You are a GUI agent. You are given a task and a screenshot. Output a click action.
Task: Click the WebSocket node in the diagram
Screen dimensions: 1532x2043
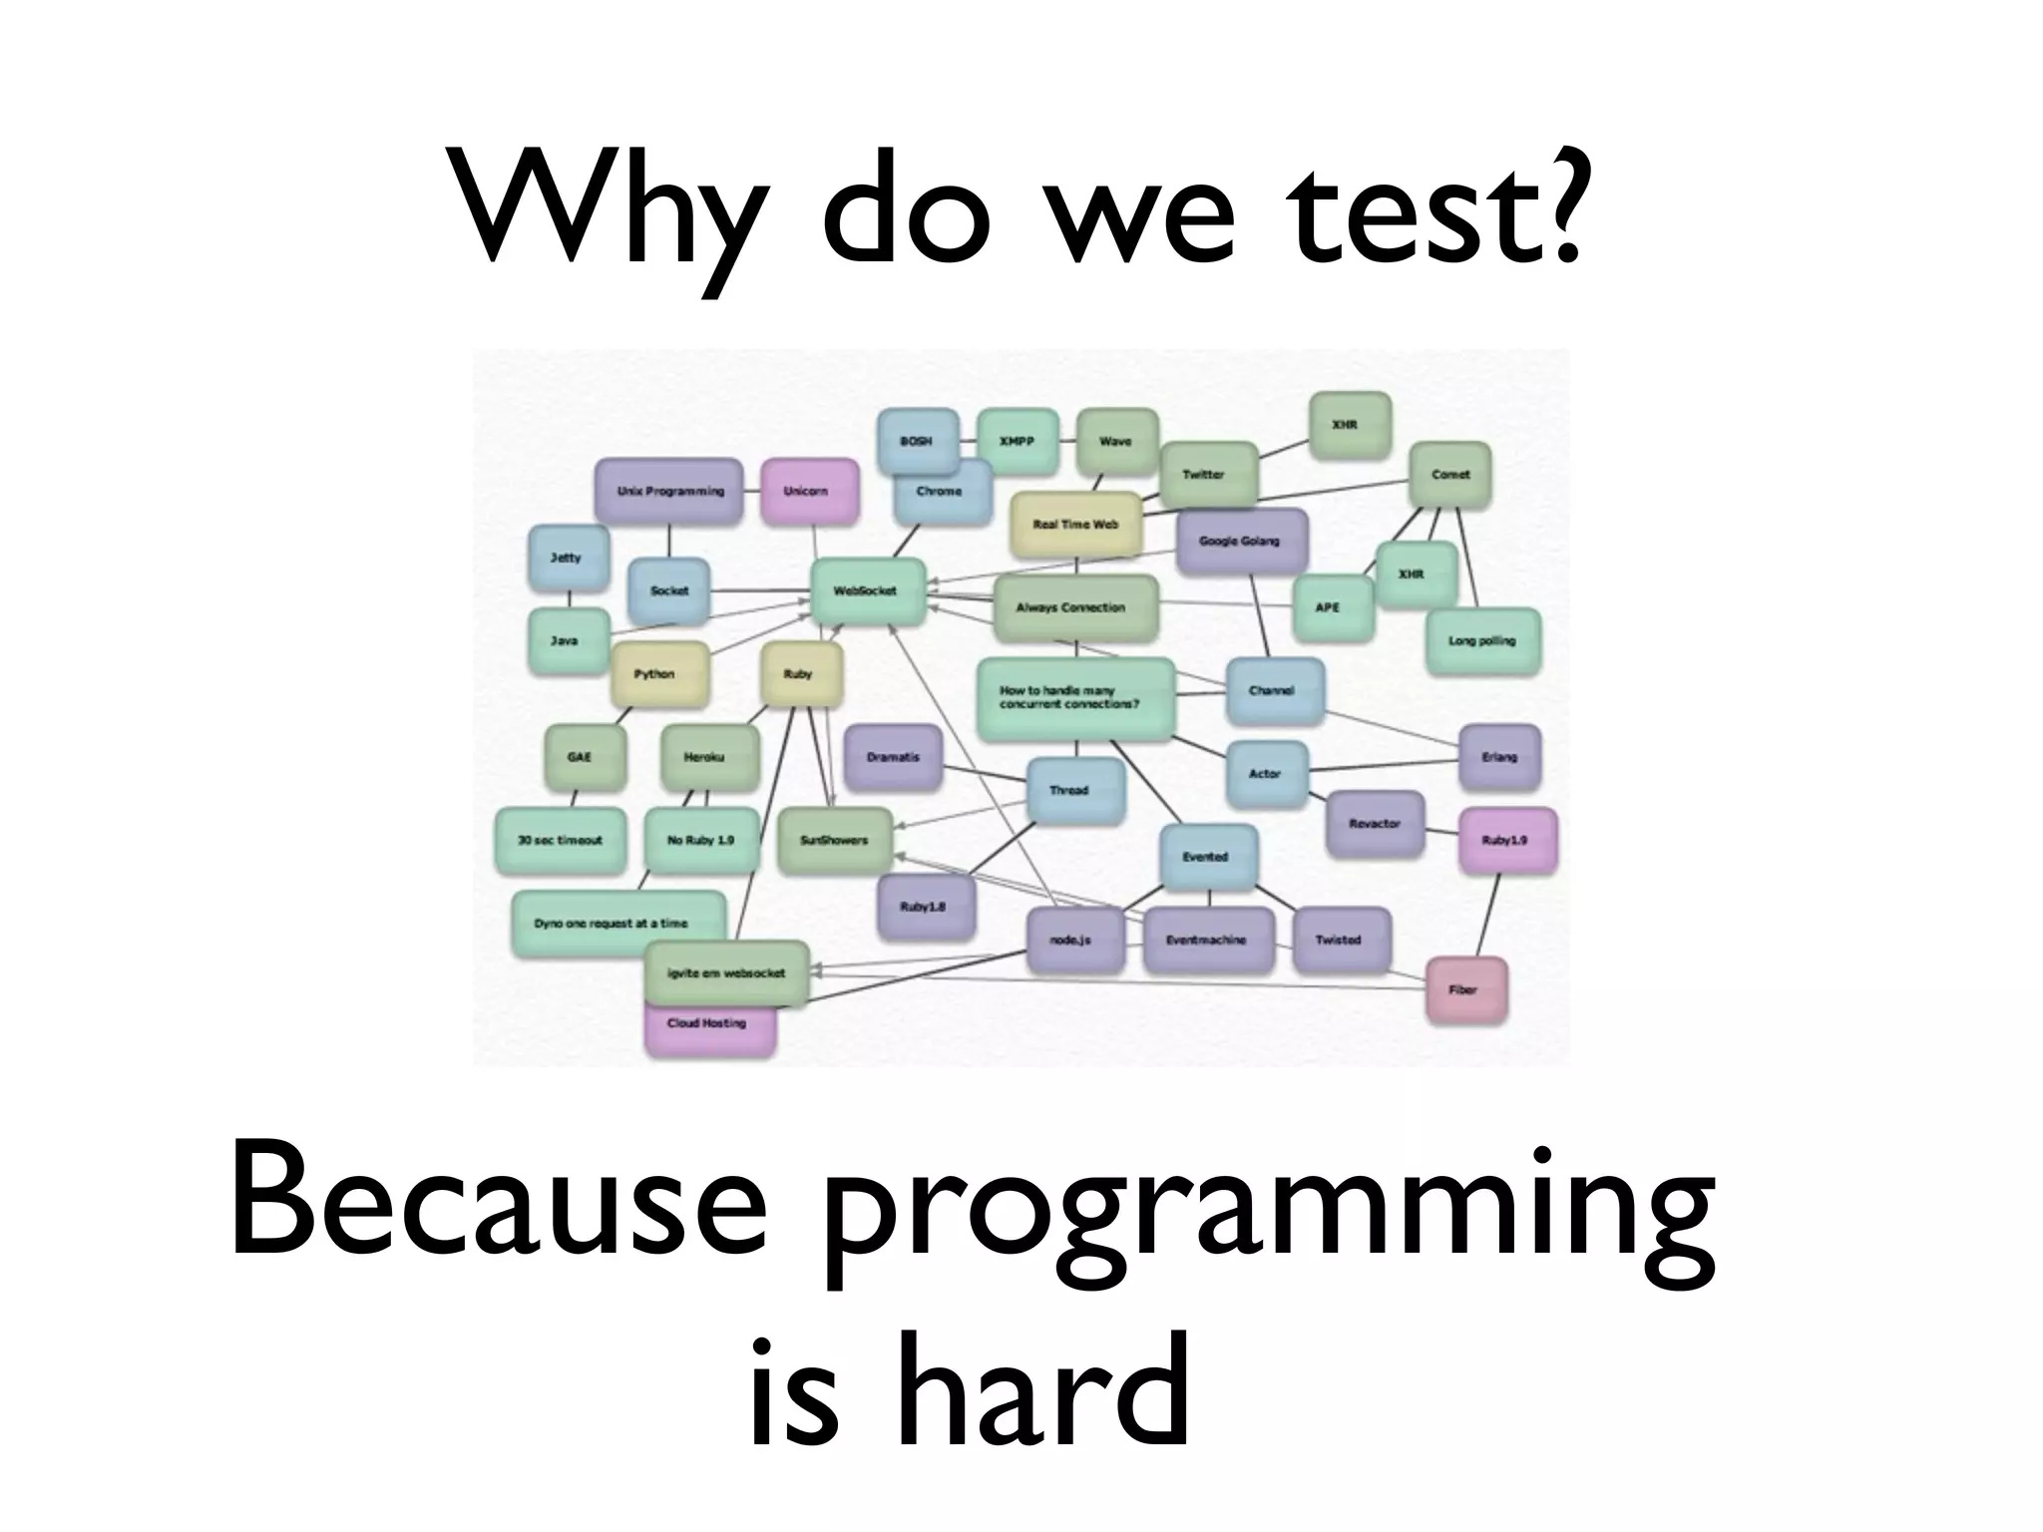click(x=866, y=591)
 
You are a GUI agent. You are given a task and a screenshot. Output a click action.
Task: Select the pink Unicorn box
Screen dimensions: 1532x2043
click(x=808, y=491)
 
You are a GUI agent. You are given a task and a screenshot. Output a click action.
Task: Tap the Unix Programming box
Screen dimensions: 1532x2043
click(x=669, y=491)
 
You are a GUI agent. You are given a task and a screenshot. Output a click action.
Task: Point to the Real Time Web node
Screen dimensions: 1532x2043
click(x=1075, y=524)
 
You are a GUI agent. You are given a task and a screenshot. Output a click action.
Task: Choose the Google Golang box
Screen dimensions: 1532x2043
click(x=1240, y=541)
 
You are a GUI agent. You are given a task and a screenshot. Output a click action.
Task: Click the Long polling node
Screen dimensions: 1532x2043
click(x=1482, y=641)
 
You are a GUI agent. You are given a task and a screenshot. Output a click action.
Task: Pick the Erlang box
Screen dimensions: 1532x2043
click(x=1499, y=757)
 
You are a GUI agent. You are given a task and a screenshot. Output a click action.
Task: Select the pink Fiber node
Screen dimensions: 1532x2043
click(x=1464, y=989)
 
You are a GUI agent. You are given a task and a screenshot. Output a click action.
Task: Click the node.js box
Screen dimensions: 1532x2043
click(x=1074, y=940)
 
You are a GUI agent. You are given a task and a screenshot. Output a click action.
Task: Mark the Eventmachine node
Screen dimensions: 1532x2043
click(x=1206, y=940)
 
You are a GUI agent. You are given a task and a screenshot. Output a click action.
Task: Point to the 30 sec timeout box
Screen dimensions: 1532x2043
click(x=561, y=840)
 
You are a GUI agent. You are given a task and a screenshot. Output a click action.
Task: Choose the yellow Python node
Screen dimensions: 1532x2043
click(x=656, y=674)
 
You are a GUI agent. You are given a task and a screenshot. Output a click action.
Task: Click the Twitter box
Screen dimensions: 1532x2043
click(x=1205, y=475)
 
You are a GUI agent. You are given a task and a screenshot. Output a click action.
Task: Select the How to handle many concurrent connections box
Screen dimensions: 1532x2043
click(x=1074, y=698)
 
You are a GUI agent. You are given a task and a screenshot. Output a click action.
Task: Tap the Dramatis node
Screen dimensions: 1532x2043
click(x=893, y=757)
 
